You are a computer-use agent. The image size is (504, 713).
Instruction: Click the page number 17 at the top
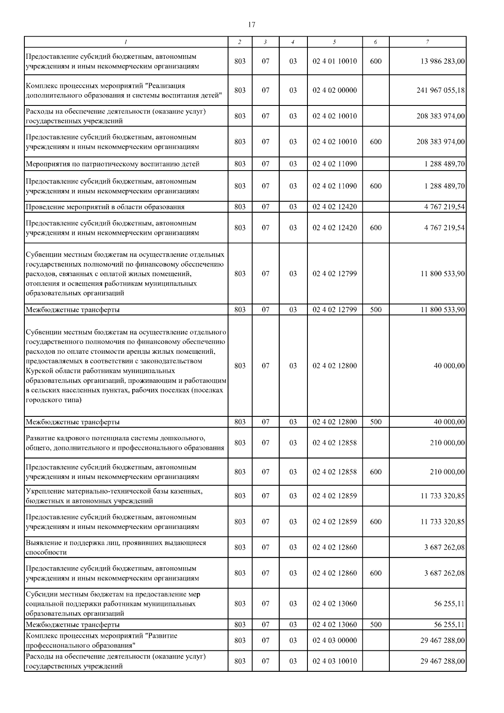click(x=252, y=25)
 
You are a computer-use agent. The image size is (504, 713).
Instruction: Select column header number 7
click(x=427, y=42)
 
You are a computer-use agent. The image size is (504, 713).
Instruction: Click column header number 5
click(x=334, y=42)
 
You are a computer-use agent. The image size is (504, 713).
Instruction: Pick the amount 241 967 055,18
click(x=441, y=90)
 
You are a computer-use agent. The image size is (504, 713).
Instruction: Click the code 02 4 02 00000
click(x=334, y=90)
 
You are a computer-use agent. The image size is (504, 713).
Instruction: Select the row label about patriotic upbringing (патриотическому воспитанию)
click(x=112, y=164)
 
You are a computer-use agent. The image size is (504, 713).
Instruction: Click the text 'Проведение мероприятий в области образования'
click(x=105, y=207)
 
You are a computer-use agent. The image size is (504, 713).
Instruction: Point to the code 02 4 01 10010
click(x=334, y=61)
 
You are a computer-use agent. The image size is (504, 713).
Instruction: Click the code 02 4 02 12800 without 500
click(x=334, y=366)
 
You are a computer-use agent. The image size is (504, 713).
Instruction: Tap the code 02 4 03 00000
click(x=334, y=640)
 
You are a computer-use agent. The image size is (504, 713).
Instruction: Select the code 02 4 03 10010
click(x=334, y=661)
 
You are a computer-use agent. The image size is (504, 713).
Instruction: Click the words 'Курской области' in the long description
click(x=50, y=371)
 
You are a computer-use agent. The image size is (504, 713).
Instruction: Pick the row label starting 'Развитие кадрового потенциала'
click(x=115, y=439)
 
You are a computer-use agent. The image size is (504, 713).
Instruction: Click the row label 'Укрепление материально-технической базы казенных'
click(x=114, y=491)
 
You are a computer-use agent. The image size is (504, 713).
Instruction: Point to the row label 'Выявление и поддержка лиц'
click(x=115, y=543)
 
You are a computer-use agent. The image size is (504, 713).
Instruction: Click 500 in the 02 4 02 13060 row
click(x=376, y=624)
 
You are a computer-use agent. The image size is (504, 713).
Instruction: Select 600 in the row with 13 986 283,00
click(x=376, y=61)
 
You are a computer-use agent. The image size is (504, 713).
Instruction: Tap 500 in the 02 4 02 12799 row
click(x=376, y=310)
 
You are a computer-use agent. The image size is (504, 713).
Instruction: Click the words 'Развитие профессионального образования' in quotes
click(x=101, y=640)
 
